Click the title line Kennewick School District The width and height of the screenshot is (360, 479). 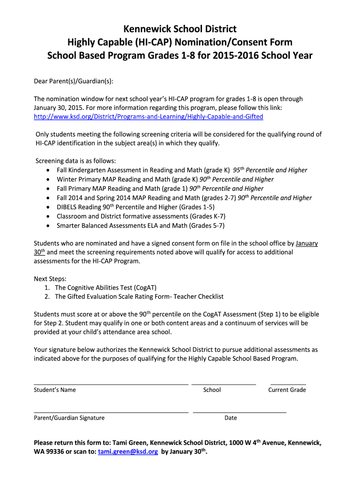(180, 29)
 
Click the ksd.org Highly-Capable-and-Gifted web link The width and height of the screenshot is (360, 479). (148, 116)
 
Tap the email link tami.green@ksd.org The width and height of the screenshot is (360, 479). (128, 452)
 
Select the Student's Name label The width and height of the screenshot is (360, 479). (55, 390)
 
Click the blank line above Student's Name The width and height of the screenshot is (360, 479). (111, 384)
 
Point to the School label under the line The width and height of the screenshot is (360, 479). (212, 390)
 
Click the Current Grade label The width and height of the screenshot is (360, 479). (287, 390)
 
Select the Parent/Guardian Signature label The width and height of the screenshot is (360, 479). (69, 418)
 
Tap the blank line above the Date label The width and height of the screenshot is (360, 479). (239, 412)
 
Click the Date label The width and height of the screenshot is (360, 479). (230, 418)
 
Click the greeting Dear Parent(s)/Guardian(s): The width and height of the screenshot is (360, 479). (73, 81)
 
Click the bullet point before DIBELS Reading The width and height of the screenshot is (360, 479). (49, 207)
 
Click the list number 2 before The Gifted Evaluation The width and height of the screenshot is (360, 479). (47, 297)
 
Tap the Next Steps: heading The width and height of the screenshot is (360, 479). (50, 279)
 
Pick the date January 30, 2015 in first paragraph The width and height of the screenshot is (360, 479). (58, 108)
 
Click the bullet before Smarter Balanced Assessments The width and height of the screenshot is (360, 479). (49, 225)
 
